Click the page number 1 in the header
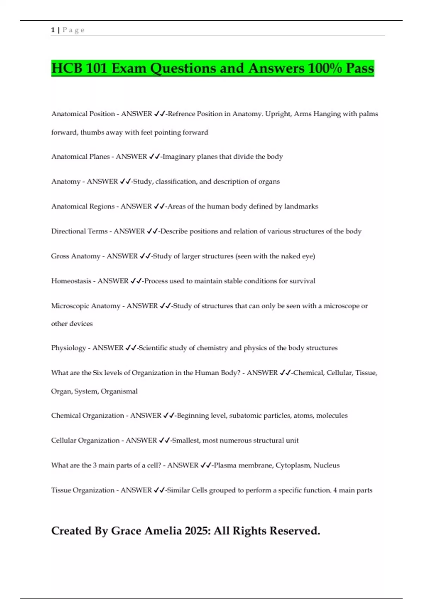(x=53, y=30)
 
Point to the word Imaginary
(x=179, y=156)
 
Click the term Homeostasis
(x=71, y=281)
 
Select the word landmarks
(x=301, y=206)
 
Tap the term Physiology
(x=68, y=348)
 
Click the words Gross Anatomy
(x=75, y=256)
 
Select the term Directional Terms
(x=79, y=231)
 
